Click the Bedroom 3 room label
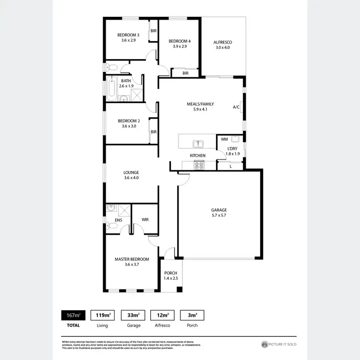click(x=128, y=35)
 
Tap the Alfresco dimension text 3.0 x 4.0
click(x=223, y=48)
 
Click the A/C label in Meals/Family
click(x=236, y=107)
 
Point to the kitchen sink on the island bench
click(x=197, y=143)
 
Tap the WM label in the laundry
click(x=224, y=139)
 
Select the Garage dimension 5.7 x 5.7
click(x=219, y=216)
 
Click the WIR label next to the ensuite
click(x=145, y=219)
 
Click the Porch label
click(x=170, y=273)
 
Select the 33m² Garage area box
click(x=133, y=315)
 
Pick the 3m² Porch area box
click(x=192, y=315)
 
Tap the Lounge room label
click(x=131, y=172)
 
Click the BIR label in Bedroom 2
click(x=154, y=132)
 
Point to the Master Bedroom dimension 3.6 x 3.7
click(x=132, y=264)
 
